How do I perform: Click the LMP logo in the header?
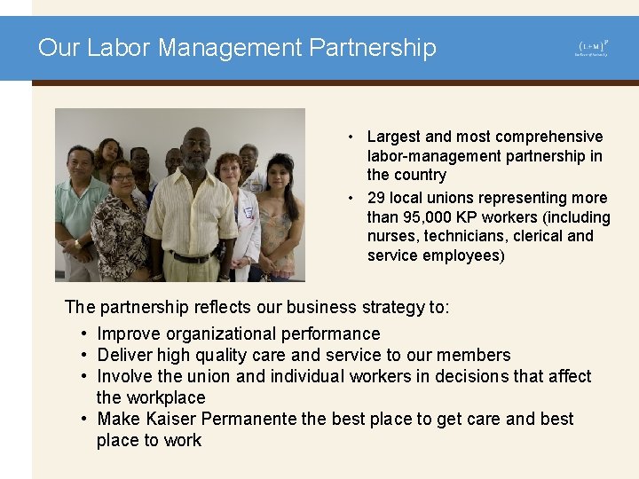592,48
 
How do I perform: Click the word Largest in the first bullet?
393,137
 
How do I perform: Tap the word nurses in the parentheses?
392,236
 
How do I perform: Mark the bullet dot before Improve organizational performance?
83,334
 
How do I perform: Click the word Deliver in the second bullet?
127,356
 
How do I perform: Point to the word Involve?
124,377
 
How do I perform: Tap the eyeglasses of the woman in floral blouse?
122,177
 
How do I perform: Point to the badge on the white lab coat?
248,213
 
